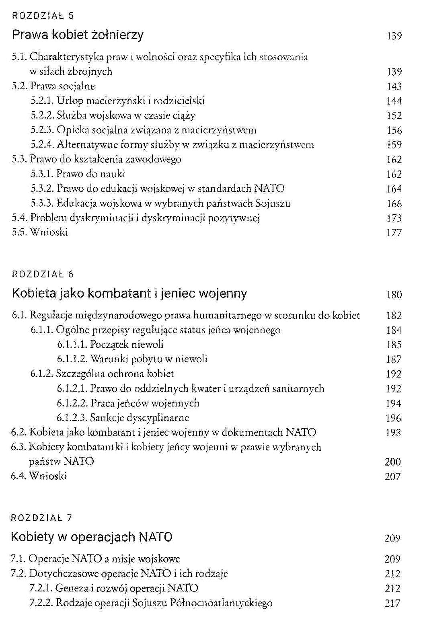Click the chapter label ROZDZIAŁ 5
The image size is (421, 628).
click(43, 16)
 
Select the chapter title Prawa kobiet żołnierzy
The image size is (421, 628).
click(78, 35)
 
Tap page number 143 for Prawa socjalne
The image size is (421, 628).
click(394, 86)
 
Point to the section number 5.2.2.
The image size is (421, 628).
click(42, 115)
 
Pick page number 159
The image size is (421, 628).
click(394, 145)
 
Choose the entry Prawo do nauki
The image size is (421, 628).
click(91, 174)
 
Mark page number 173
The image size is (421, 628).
click(394, 218)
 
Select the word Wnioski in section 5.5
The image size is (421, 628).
click(49, 232)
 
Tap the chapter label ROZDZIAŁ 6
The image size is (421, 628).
click(43, 275)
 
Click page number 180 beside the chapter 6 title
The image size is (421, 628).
click(394, 295)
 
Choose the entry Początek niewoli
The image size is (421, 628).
click(127, 344)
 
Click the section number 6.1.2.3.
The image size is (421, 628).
click(72, 418)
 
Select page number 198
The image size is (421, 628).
click(393, 433)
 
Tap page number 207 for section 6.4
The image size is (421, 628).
click(392, 477)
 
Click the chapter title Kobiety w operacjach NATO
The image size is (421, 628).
click(92, 537)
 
